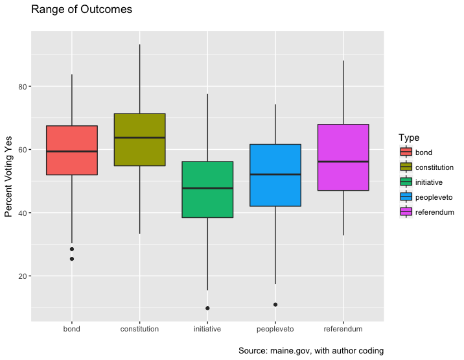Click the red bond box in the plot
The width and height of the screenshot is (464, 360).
pyautogui.click(x=71, y=150)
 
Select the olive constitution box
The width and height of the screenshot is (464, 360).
pyautogui.click(x=139, y=139)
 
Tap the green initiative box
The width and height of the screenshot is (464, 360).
pyautogui.click(x=207, y=189)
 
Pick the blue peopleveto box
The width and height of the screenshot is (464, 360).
pyautogui.click(x=275, y=175)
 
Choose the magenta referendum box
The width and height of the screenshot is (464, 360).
pyautogui.click(x=343, y=157)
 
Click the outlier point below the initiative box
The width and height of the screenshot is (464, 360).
pyautogui.click(x=207, y=308)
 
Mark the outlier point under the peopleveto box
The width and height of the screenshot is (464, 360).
pyautogui.click(x=275, y=305)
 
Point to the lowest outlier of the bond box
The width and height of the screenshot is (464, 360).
pyautogui.click(x=72, y=259)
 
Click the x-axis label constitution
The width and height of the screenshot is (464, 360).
pyautogui.click(x=139, y=330)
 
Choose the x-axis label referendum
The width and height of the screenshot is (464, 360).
pyautogui.click(x=343, y=330)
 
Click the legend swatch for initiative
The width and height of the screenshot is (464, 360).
pyautogui.click(x=406, y=182)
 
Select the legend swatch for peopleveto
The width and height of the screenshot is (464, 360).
pyautogui.click(x=406, y=197)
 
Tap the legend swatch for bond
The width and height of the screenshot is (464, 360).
pyautogui.click(x=406, y=152)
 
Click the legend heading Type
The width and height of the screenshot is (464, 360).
pyautogui.click(x=409, y=138)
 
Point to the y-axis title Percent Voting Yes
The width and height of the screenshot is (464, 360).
pyautogui.click(x=9, y=176)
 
